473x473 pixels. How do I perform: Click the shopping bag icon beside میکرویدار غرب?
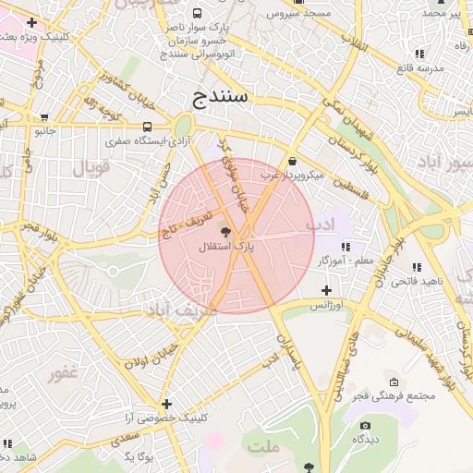pyautogui.click(x=292, y=160)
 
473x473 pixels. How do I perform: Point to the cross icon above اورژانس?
pyautogui.click(x=326, y=290)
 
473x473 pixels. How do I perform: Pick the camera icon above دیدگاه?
pyautogui.click(x=366, y=426)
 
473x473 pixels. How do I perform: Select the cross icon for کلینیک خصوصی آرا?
pyautogui.click(x=166, y=404)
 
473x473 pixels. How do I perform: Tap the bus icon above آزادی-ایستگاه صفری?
pyautogui.click(x=148, y=127)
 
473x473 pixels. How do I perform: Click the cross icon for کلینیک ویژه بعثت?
pyautogui.click(x=31, y=21)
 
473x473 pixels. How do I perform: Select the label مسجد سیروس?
pyautogui.click(x=296, y=15)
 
